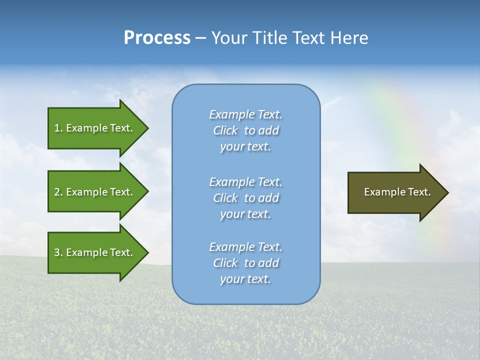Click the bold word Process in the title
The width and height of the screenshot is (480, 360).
157,38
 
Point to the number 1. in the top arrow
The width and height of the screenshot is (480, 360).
58,128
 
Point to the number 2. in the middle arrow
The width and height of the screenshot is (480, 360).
58,192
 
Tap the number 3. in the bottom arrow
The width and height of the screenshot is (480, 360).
58,252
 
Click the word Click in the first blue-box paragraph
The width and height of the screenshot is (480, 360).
225,130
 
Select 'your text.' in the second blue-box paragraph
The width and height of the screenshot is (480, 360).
245,214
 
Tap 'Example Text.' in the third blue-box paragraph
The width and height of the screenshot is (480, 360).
245,247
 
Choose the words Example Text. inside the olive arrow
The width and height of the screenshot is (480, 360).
397,192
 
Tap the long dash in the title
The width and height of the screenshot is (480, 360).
200,38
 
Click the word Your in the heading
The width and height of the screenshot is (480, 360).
229,38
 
